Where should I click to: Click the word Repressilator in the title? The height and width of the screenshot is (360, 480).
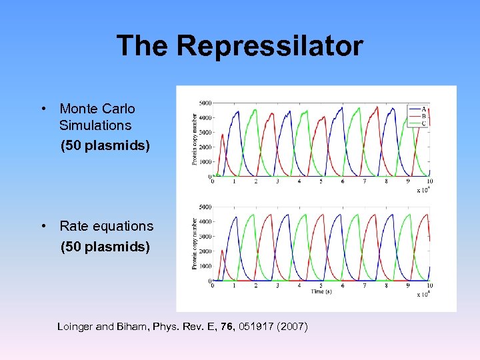click(270, 46)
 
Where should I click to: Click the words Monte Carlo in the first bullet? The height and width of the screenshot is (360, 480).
click(97, 109)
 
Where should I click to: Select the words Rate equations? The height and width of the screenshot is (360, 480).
click(106, 226)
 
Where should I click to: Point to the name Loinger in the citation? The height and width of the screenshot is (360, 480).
click(77, 327)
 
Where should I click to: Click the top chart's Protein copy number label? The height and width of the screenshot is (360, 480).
click(195, 139)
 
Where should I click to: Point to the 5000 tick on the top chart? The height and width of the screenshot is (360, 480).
click(205, 103)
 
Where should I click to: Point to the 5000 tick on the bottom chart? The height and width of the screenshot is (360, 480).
click(205, 207)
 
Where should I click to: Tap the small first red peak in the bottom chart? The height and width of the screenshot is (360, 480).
click(222, 251)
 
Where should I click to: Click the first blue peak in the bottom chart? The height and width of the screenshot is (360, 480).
click(236, 217)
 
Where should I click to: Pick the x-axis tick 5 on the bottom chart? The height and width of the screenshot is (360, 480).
click(321, 285)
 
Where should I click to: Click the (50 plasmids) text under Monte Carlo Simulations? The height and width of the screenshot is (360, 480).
click(105, 145)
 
